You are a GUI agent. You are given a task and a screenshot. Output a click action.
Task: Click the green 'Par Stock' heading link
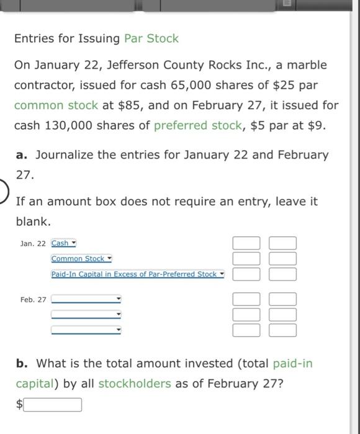click(x=151, y=38)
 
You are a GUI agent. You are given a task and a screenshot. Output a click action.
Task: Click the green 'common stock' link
click(x=55, y=105)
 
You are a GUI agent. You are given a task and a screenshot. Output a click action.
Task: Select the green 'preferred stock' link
click(x=197, y=125)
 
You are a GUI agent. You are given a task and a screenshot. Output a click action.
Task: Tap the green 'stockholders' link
click(x=134, y=383)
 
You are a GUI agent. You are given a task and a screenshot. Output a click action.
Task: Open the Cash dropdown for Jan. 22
click(x=63, y=243)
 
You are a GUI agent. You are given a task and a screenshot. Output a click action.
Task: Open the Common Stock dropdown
click(x=81, y=259)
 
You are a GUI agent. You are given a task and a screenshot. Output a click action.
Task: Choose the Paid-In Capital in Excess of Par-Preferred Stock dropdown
click(x=137, y=274)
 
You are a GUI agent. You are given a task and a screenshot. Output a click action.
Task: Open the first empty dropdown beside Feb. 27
click(x=86, y=299)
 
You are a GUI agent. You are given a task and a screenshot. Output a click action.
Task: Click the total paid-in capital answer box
click(x=53, y=405)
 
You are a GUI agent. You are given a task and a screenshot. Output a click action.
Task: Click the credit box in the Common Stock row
click(x=282, y=258)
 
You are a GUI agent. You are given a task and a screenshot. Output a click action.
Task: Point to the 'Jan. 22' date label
click(x=33, y=244)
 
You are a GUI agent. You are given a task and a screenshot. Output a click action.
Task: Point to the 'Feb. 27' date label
click(x=33, y=299)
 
